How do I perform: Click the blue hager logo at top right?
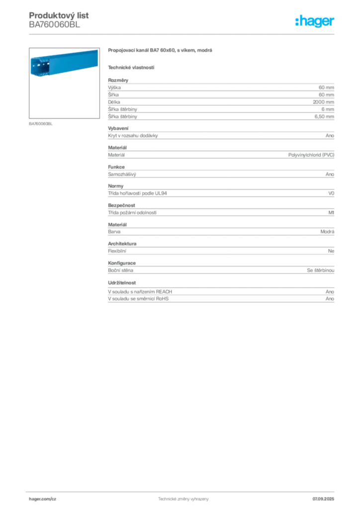coord(316,22)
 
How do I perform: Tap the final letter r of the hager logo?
coord(334,22)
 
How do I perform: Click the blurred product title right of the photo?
coord(161,52)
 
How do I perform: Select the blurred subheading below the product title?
coord(131,67)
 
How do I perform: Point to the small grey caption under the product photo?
coord(41,124)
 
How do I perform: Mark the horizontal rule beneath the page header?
coord(183,33)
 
